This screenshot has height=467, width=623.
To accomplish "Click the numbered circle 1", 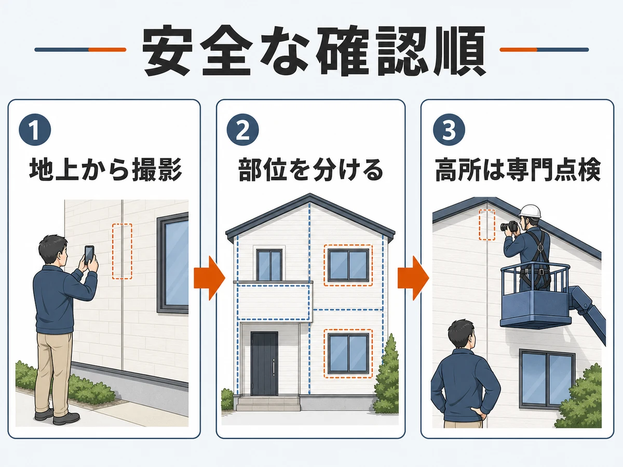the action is click(35, 130).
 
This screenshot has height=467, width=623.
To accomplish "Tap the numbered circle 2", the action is click(242, 130).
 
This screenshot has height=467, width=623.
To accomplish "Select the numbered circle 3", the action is click(449, 130).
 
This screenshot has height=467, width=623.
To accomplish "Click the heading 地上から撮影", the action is click(105, 170).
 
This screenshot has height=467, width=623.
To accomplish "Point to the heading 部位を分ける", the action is click(311, 170).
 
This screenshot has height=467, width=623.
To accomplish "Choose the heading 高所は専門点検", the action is click(518, 170).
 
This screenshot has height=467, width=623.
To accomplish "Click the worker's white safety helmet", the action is click(530, 212).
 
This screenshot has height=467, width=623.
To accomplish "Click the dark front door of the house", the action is click(264, 364).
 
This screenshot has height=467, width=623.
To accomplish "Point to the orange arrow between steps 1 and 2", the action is click(209, 278).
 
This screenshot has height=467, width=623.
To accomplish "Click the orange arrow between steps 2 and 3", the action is click(413, 278).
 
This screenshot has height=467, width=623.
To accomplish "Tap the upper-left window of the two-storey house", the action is click(269, 265).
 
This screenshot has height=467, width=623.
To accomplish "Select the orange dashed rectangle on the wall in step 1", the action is click(122, 252).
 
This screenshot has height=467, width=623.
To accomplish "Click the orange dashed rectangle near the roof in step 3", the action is click(487, 225).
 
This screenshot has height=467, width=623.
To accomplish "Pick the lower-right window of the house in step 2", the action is click(348, 353).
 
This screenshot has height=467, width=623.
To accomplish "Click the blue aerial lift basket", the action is click(536, 296).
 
